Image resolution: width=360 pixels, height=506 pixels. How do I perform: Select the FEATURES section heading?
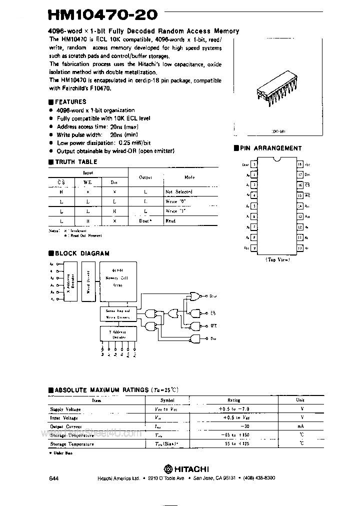(69, 101)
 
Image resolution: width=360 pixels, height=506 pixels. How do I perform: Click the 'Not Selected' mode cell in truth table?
(178, 191)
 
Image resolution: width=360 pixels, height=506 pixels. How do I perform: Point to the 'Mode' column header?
(189, 177)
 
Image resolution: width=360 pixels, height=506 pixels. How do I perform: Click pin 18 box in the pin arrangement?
(299, 164)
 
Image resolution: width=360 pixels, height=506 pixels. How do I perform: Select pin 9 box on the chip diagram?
(254, 248)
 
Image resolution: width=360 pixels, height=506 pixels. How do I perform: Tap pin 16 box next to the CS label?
(299, 185)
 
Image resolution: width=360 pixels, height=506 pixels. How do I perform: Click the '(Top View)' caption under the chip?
(277, 259)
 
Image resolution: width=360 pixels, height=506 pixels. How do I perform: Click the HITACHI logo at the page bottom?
(187, 469)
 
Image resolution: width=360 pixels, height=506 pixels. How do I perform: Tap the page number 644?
(54, 478)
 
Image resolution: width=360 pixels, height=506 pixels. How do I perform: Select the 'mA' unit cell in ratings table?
(299, 426)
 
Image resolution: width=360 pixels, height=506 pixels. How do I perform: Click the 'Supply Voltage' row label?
(65, 409)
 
